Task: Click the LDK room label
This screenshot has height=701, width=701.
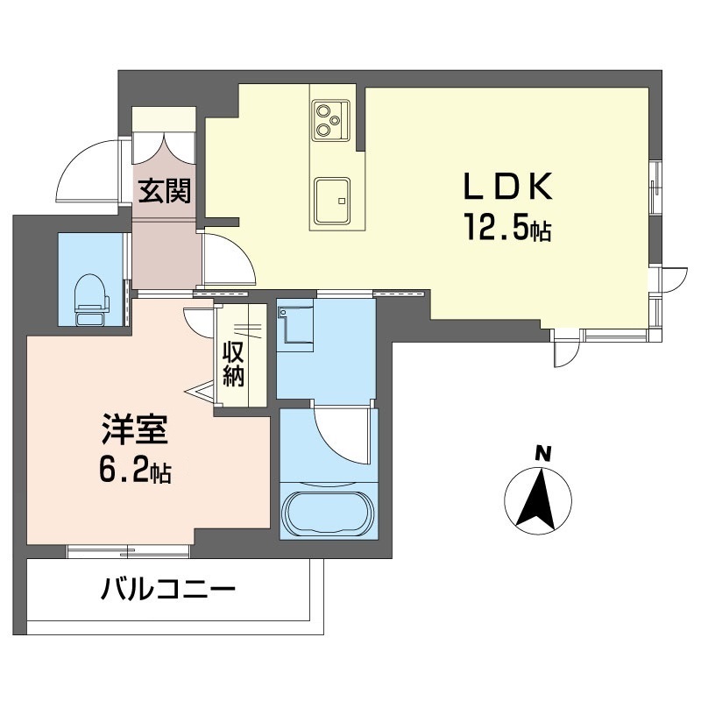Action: pyautogui.click(x=507, y=188)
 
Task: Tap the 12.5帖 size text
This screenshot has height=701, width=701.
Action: pyautogui.click(x=507, y=230)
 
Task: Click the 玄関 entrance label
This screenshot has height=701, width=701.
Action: pyautogui.click(x=164, y=190)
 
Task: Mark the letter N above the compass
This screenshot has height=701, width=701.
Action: pyautogui.click(x=542, y=453)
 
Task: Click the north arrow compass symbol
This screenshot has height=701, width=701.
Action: pyautogui.click(x=538, y=499)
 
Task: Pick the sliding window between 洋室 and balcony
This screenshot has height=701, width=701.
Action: pyautogui.click(x=129, y=551)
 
